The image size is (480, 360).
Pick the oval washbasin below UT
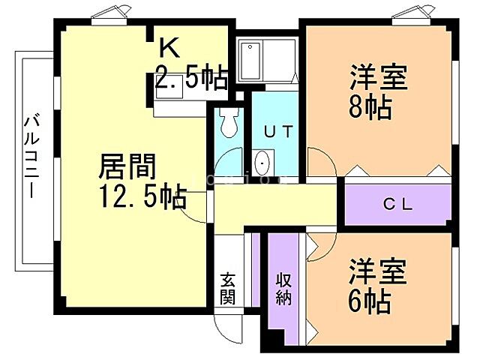(262, 161)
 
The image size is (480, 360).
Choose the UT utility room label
(277, 130)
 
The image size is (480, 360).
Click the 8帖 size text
(370, 108)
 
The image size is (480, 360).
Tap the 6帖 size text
(370, 301)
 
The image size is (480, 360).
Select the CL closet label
(398, 203)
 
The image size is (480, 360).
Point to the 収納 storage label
(283, 287)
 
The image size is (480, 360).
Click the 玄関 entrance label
(227, 288)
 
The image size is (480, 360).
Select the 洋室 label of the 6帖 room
(378, 271)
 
